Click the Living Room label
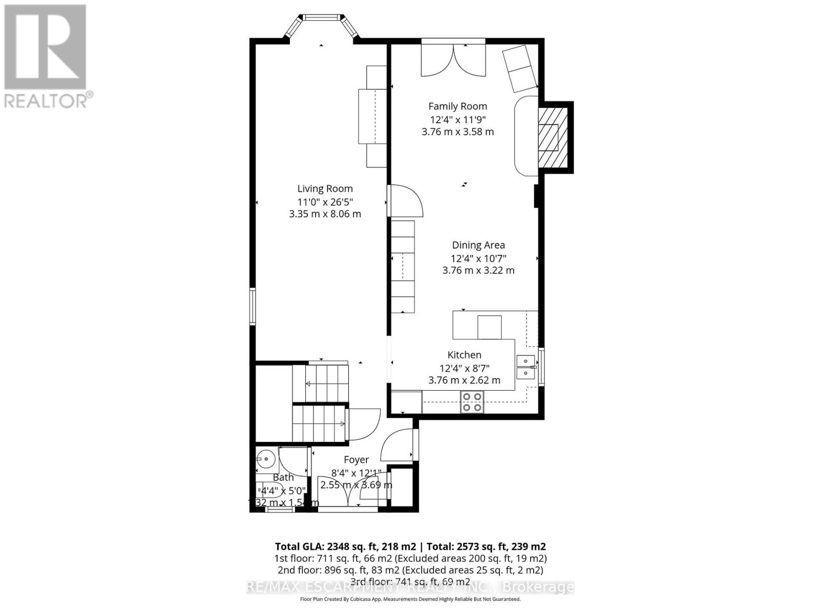pyautogui.click(x=325, y=188)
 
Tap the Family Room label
pyautogui.click(x=458, y=106)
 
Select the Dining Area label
pyautogui.click(x=478, y=245)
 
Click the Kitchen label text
pyautogui.click(x=464, y=355)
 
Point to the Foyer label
pyautogui.click(x=356, y=460)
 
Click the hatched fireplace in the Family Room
pyautogui.click(x=553, y=137)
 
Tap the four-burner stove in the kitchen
pyautogui.click(x=472, y=402)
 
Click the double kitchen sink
pyautogui.click(x=525, y=367)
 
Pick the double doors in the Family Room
pyautogui.click(x=453, y=59)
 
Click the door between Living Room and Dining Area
pyautogui.click(x=405, y=201)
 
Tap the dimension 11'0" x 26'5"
pyautogui.click(x=325, y=202)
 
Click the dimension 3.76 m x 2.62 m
pyautogui.click(x=464, y=380)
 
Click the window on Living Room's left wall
pyautogui.click(x=252, y=306)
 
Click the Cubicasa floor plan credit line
pyautogui.click(x=410, y=599)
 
